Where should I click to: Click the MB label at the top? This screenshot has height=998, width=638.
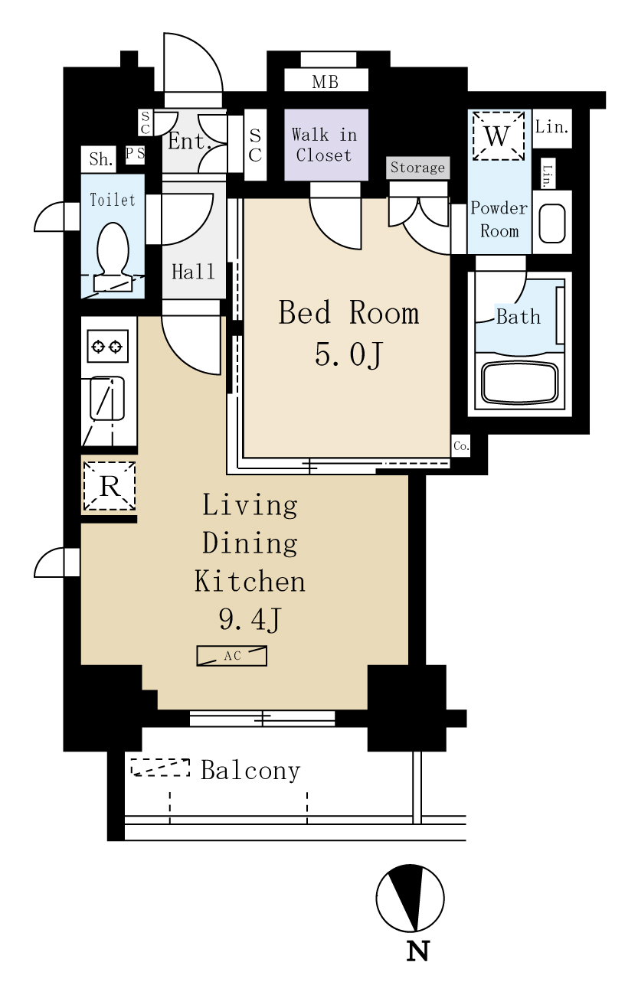325,82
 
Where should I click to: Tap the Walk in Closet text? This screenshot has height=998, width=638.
324,145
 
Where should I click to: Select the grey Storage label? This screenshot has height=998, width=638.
417,168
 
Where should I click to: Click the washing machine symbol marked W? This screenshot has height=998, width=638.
498,135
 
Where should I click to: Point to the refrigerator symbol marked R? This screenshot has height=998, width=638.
110,486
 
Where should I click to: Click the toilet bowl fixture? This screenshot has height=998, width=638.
113,256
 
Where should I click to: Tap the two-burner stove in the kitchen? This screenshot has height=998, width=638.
107,346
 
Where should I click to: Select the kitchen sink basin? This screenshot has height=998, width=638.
107,398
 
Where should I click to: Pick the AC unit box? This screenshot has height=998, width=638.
232,656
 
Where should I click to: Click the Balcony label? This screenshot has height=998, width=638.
250,771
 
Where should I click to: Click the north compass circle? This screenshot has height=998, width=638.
411,899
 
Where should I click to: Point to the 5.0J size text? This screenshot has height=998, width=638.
348,355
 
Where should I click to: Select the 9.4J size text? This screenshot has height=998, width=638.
250,619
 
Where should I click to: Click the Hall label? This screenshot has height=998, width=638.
194,272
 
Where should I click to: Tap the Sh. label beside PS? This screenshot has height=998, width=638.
100,159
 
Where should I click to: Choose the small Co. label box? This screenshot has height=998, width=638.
460,446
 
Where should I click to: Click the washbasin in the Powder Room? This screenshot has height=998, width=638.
552,223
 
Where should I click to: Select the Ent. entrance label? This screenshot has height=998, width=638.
189,142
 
